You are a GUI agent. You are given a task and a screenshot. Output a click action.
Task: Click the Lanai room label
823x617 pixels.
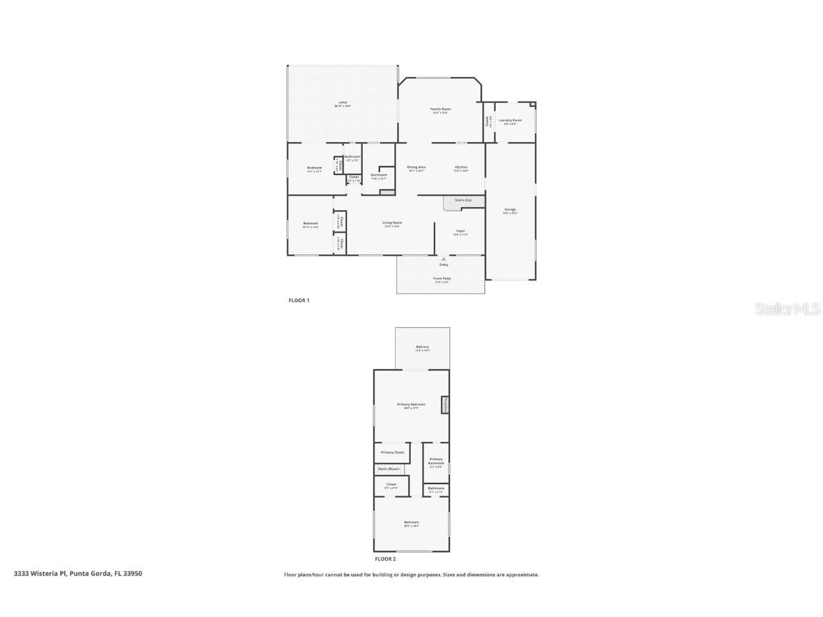[343, 103]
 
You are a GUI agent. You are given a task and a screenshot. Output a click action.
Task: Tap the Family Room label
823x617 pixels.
[441, 109]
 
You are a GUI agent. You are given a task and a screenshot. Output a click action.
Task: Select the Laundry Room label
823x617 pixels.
[510, 120]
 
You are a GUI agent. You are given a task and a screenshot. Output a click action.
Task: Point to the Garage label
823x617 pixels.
[510, 210]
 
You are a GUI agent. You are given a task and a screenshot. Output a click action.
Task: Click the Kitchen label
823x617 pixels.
[461, 167]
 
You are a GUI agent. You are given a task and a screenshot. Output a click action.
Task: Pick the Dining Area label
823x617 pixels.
[417, 167]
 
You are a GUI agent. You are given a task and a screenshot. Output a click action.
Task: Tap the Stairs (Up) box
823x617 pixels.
[462, 201]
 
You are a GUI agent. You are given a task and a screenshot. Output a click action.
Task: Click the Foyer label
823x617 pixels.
[461, 231]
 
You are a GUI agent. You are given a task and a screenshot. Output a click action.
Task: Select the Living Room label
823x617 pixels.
[392, 223]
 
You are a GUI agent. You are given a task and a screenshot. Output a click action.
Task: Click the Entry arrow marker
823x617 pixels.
[444, 259]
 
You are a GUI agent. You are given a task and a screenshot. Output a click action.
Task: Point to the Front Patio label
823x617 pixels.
[442, 279]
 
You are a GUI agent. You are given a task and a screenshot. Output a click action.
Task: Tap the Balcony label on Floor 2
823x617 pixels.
[422, 347]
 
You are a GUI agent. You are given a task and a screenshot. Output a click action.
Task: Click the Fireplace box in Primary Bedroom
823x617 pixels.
[445, 405]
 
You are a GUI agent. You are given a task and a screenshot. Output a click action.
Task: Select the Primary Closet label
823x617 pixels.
[392, 452]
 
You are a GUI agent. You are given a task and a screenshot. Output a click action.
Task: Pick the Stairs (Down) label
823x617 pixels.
[389, 468]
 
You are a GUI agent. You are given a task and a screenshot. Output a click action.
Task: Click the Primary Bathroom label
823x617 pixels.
[436, 461]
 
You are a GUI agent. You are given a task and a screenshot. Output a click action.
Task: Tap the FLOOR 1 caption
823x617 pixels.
[299, 301]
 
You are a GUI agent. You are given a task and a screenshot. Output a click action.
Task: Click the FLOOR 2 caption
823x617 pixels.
[385, 559]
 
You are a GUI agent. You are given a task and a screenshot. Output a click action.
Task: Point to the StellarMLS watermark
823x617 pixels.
[789, 308]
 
